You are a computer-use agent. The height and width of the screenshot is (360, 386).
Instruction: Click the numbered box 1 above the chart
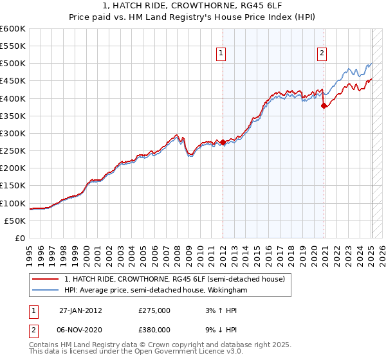tap(221, 54)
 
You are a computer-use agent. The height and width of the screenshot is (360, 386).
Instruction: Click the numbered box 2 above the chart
tap(321, 54)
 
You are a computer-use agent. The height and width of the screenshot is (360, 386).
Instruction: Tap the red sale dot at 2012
tap(223, 142)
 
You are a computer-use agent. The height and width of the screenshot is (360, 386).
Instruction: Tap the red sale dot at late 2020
tap(324, 106)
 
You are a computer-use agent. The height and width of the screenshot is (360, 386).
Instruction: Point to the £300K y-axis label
tap(13, 133)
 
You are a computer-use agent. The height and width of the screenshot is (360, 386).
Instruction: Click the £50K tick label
tap(15, 221)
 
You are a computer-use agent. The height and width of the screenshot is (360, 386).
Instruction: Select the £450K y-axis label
tap(13, 81)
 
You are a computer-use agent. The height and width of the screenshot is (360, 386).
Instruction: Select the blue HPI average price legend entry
tap(155, 291)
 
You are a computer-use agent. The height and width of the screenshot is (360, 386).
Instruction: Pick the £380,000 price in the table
tap(154, 329)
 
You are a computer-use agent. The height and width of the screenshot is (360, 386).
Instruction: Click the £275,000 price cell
tap(154, 310)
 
